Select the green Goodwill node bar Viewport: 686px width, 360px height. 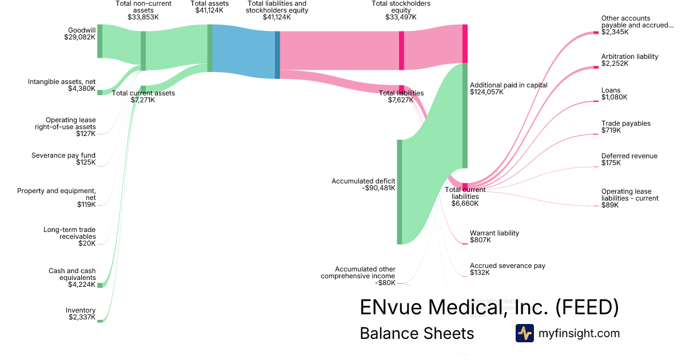tap(99, 41)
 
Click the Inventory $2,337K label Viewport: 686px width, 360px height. tap(81, 314)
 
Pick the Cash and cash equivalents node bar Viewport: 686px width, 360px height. tap(99, 285)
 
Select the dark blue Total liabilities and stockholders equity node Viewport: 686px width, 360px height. tap(277, 55)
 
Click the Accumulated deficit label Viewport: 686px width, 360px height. tap(363, 184)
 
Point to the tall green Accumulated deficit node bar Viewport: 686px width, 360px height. tap(399, 191)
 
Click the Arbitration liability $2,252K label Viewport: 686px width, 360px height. tap(629, 60)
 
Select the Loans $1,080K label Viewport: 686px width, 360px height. tap(614, 94)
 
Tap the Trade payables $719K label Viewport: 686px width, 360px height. tap(625, 127)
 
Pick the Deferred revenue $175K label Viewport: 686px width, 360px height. tap(629, 159)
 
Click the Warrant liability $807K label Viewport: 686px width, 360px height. tap(494, 237)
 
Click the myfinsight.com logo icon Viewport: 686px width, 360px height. tap(524, 333)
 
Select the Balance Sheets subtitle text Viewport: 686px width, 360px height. tap(417, 334)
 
